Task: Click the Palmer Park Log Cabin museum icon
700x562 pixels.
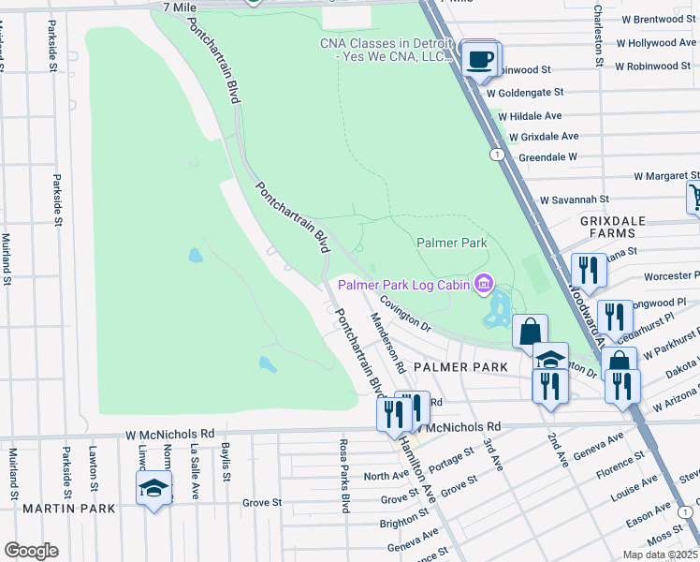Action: click(484, 282)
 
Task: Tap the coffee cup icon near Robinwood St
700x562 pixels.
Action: click(481, 58)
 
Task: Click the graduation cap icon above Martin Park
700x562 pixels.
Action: click(153, 488)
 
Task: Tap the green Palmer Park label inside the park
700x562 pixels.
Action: click(452, 243)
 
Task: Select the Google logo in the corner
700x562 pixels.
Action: click(31, 551)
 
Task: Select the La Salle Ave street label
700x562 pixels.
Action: click(194, 462)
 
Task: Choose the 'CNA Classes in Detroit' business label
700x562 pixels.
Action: click(386, 50)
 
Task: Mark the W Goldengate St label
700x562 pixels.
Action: click(523, 93)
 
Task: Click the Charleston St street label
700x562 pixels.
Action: click(596, 34)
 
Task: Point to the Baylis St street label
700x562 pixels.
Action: click(226, 462)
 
